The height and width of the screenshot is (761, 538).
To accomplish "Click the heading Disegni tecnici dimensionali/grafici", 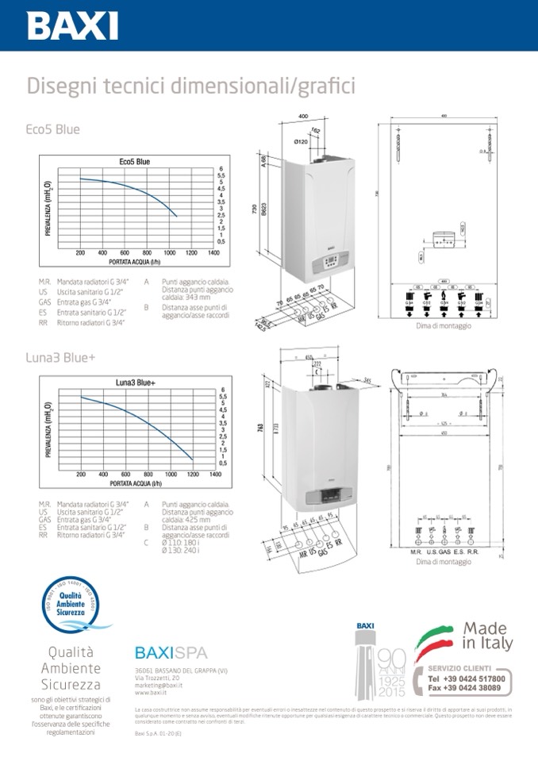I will tap(190, 85).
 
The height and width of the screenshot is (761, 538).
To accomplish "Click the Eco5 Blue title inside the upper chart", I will tap(134, 162).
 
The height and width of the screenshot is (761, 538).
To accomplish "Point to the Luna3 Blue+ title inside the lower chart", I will tap(136, 382).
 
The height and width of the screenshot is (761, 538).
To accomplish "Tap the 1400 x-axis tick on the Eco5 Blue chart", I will tap(213, 253).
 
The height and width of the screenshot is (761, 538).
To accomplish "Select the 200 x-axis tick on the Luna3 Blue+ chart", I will tap(81, 474).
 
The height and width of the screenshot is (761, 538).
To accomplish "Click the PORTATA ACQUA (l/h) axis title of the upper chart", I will tap(136, 263).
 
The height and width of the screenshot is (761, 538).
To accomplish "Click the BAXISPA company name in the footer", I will tap(171, 653).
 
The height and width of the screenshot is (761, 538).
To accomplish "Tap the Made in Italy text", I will tap(487, 636).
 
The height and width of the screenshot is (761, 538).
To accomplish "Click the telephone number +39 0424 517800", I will tap(466, 679).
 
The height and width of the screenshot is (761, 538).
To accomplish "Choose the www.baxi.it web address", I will tap(149, 692).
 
